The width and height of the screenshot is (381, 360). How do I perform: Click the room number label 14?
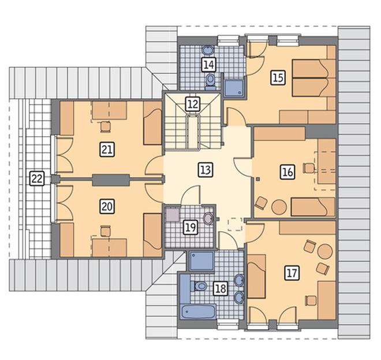click(x=209, y=65)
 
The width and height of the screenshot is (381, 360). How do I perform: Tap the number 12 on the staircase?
click(x=193, y=104)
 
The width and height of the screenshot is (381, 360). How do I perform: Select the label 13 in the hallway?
click(x=206, y=170)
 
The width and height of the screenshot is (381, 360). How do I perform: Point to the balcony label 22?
click(x=37, y=178)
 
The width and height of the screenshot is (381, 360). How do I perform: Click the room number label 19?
click(x=190, y=228)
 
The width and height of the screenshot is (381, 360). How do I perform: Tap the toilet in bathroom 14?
click(x=211, y=81)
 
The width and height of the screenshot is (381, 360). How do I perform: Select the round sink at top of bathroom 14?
click(x=208, y=50)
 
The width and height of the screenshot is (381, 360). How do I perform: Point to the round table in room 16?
click(x=279, y=207)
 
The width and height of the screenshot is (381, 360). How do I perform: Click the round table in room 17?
click(x=325, y=252)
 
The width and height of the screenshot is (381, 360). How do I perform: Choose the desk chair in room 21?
click(x=106, y=126)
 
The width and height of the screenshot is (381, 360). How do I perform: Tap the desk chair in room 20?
click(x=106, y=231)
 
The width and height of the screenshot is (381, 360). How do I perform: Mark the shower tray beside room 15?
click(x=234, y=87)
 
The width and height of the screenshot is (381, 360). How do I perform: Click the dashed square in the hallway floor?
click(x=235, y=224)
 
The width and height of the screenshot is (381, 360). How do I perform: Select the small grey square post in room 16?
click(x=258, y=179)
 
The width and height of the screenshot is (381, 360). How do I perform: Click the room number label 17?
click(x=292, y=272)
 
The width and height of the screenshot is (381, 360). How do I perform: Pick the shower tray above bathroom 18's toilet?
click(x=201, y=261)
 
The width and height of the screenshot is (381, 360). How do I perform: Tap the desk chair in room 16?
click(x=309, y=168)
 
